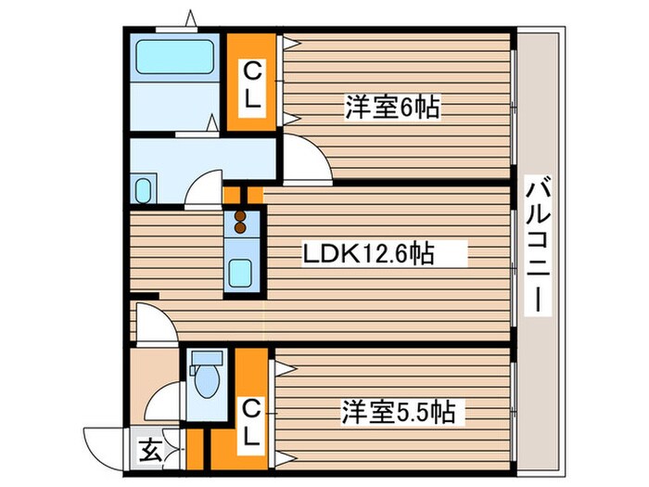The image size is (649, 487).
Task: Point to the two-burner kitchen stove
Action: click(240, 223)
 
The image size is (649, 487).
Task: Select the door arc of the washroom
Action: click(201, 188)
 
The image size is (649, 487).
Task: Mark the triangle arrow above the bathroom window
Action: click(191, 17)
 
